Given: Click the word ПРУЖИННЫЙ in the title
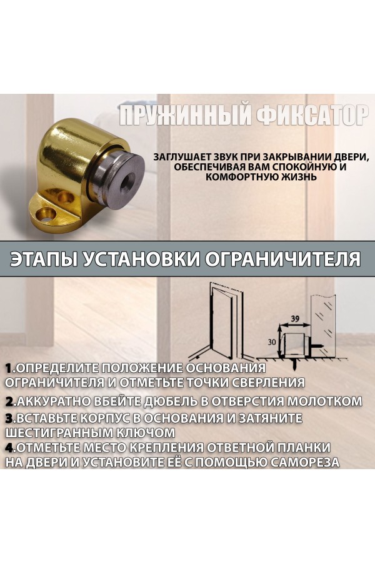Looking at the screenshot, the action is point(184,116).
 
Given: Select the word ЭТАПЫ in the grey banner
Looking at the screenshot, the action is point(42,259).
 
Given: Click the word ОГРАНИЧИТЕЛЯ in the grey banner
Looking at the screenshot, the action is point(282,259).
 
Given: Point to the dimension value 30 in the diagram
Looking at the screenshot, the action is point(272,342).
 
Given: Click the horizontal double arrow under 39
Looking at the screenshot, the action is point(294,326).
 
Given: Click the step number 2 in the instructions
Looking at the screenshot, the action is point(10,401).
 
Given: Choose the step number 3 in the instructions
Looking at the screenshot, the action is point(10,418).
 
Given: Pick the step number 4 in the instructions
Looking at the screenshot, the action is point(10,447).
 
